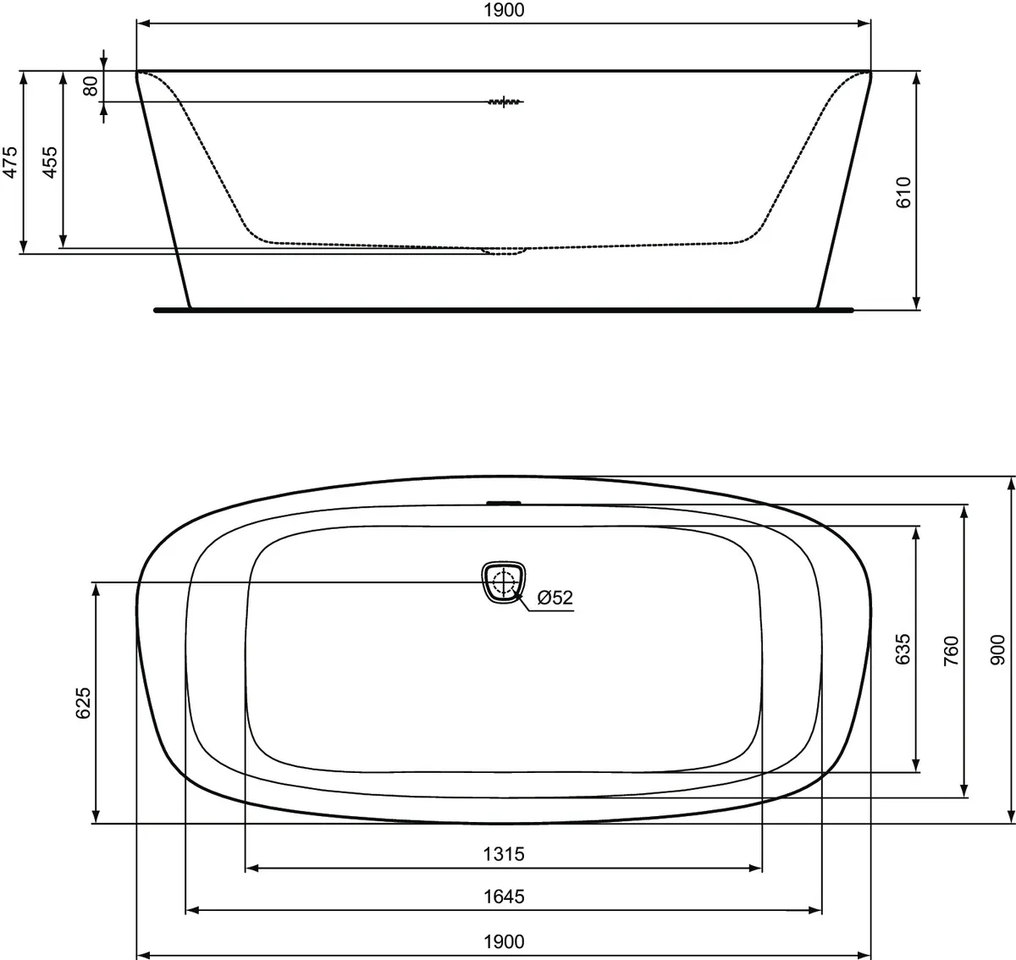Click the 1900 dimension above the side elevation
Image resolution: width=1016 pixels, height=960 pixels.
coord(504,11)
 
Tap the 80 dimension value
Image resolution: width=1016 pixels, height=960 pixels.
coord(91,86)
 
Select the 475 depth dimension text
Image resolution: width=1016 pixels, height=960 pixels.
coord(10,162)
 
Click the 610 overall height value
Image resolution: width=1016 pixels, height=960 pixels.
coord(903,192)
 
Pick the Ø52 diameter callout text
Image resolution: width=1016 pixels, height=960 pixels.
coord(555,598)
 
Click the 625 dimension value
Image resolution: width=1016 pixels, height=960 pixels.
coord(83,703)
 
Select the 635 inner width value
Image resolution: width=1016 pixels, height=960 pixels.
coord(903,649)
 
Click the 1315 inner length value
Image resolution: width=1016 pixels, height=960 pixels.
coord(504,854)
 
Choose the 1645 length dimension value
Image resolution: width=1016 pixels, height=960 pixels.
coord(504,897)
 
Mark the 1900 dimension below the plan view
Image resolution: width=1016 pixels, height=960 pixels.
coord(504,941)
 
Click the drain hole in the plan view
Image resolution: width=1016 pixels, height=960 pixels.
coord(504,582)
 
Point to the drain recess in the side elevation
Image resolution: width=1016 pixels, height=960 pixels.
coord(504,251)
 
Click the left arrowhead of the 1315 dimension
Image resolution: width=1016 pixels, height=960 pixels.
coord(251,868)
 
